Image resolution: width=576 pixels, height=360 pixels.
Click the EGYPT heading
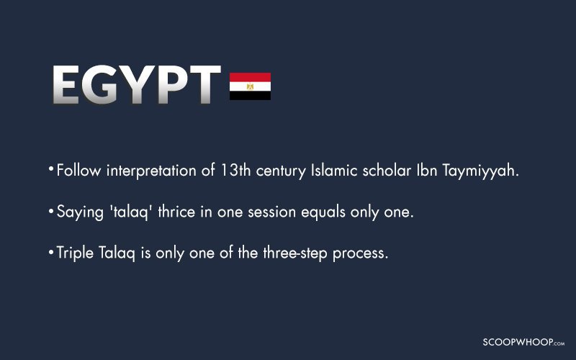click(137, 84)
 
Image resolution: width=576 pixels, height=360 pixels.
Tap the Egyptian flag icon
click(250, 86)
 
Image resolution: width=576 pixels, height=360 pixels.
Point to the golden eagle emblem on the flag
click(250, 86)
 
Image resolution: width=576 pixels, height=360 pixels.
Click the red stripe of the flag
click(250, 77)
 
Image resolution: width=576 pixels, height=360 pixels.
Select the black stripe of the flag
click(250, 96)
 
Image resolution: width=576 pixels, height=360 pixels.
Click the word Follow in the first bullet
click(78, 171)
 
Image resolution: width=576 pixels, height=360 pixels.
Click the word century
click(281, 172)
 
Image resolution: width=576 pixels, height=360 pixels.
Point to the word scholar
click(387, 171)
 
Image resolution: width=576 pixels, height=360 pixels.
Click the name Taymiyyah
click(480, 171)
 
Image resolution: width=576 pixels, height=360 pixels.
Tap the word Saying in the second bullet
click(80, 212)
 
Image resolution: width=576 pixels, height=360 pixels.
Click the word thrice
click(176, 212)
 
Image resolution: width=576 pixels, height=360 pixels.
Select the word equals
click(323, 212)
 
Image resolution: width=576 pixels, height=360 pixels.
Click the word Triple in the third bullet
click(75, 253)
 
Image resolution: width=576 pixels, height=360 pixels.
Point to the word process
click(360, 254)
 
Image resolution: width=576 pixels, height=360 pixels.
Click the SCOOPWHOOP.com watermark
click(523, 343)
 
